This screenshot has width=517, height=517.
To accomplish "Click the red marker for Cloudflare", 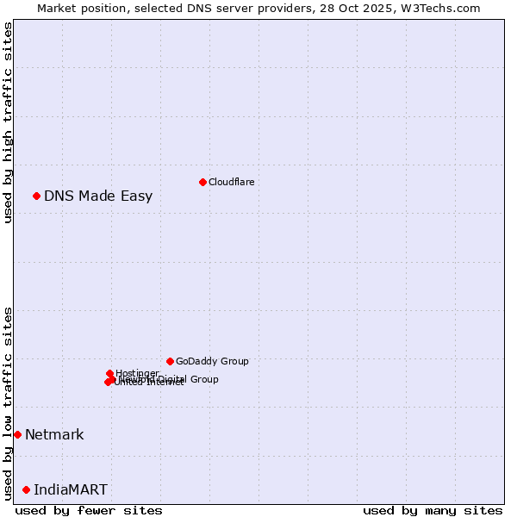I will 202,182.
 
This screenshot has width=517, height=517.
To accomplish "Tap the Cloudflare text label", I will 231,182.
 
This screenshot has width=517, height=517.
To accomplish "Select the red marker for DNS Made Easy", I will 37,196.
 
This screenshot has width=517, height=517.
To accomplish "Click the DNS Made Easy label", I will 98,196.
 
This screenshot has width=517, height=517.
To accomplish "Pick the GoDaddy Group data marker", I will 170,361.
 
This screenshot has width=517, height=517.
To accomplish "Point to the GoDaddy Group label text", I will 212,361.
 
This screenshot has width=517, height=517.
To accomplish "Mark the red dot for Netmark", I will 17,434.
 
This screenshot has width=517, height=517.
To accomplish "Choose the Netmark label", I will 54,434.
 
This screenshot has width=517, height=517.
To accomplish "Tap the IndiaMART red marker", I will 26,489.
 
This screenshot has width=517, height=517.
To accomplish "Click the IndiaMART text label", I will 71,489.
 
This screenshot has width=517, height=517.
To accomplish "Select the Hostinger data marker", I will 109,373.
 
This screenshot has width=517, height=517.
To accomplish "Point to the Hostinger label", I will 138,373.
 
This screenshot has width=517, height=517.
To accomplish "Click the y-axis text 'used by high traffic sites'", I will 8,122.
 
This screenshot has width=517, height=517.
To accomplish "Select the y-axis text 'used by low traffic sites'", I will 8,402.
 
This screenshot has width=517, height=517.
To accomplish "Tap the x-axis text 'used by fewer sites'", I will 89,510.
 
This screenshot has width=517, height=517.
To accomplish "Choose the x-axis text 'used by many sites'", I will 433,510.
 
